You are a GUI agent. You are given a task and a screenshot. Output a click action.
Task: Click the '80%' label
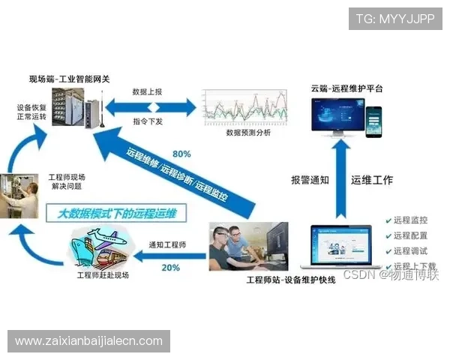181,155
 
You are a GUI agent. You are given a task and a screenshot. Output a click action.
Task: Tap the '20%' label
170,268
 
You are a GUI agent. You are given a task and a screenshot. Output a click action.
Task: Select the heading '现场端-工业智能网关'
69,79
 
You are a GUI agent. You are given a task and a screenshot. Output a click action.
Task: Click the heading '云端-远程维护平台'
347,88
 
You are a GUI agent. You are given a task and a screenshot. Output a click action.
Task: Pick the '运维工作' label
372,180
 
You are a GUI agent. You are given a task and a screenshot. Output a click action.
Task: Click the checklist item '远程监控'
409,220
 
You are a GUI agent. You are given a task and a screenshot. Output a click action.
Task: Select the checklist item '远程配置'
409,235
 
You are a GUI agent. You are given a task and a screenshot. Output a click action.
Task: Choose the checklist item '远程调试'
409,251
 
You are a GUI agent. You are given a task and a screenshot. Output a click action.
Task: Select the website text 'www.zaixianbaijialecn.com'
88,341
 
